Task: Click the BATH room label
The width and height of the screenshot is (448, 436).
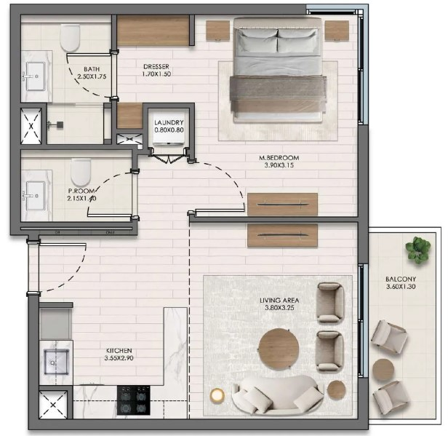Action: tap(92, 69)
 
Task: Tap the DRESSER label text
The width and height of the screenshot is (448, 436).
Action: tap(156, 67)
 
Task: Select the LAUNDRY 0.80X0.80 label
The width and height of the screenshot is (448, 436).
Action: tap(169, 126)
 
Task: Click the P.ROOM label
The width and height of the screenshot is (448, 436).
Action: tap(81, 191)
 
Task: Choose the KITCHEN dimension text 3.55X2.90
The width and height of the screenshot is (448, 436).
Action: tap(119, 358)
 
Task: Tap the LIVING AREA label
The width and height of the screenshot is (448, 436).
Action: tap(279, 300)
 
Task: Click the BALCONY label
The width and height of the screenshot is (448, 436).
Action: tap(401, 279)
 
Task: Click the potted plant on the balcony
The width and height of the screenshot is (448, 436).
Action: tap(418, 250)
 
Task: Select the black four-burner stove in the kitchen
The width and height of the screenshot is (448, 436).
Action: tap(134, 400)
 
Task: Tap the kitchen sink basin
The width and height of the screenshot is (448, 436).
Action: tap(56, 362)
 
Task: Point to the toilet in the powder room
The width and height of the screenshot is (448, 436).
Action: tap(81, 173)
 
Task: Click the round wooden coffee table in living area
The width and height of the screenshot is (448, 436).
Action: tap(279, 349)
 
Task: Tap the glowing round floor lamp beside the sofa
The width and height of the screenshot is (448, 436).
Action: tap(217, 395)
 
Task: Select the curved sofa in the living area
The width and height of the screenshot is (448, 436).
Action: tap(279, 395)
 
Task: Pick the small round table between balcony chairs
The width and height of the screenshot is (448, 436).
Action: tap(383, 369)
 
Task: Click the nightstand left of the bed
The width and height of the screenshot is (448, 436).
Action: tap(217, 30)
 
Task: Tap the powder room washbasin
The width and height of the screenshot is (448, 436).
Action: tap(36, 196)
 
